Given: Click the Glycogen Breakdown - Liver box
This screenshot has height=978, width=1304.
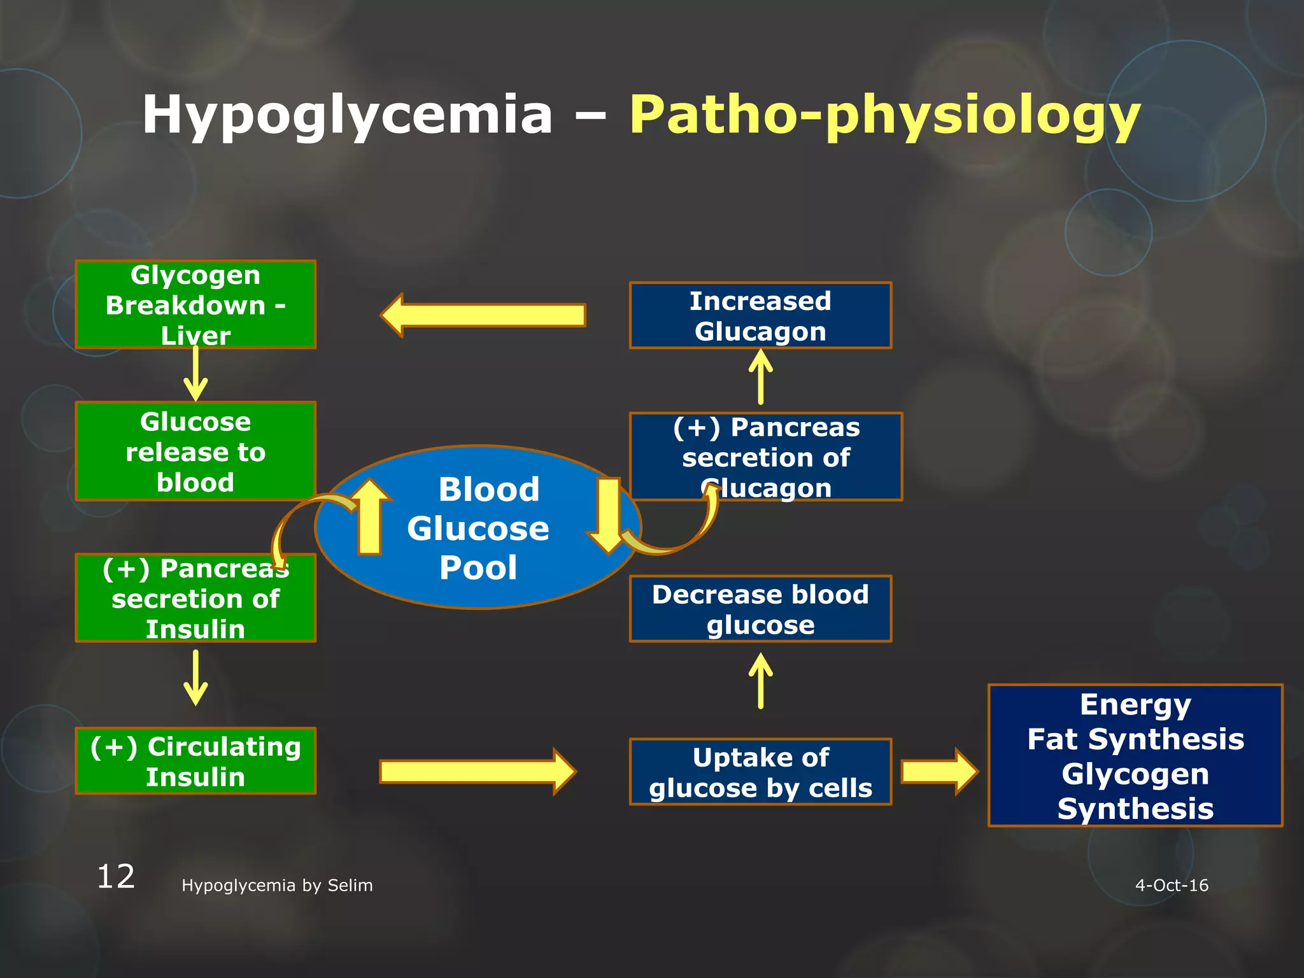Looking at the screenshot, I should [195, 304].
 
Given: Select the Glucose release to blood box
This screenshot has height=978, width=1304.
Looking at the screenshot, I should [195, 451].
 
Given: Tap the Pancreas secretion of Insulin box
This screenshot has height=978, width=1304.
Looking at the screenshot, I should [195, 598].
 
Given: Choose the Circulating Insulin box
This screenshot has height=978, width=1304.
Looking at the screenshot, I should [195, 761].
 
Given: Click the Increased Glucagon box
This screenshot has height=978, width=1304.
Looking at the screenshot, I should [760, 316].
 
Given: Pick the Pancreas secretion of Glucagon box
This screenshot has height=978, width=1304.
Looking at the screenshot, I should [766, 457].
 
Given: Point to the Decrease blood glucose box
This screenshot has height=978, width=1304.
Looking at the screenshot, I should [760, 609].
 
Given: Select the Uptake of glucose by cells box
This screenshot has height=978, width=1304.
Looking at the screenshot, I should [760, 772].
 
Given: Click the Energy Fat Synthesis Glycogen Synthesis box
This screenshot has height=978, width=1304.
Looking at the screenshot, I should [1135, 756].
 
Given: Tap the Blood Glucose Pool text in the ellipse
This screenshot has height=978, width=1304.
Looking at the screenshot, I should [478, 528].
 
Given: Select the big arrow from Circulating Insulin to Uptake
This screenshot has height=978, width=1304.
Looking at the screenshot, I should [478, 772].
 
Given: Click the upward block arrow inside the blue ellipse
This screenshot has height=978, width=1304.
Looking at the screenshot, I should [370, 516].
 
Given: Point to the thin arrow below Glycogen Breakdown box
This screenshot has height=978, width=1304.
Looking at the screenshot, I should [195, 374].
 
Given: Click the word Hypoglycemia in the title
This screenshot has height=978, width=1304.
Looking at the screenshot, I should [348, 115].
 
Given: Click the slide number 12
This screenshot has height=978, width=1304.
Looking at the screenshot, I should [116, 877].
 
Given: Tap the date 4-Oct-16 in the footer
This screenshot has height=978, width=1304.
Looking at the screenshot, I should [1172, 885].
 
